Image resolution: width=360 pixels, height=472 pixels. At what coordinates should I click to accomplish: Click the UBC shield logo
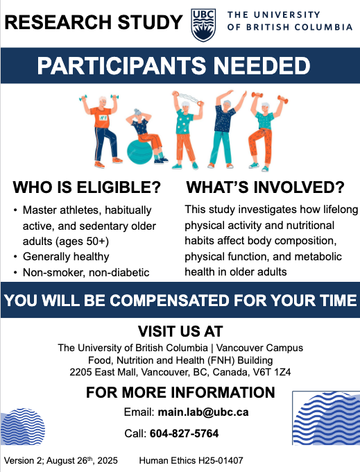coord(204,25)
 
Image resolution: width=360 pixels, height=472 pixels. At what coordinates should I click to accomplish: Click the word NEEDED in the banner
coord(262,66)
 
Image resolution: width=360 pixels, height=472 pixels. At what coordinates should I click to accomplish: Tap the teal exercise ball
coord(139,152)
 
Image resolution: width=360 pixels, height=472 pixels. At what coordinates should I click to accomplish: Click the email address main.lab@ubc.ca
coord(203,412)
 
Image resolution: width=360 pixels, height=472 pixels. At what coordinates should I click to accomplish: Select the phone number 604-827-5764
coord(184,433)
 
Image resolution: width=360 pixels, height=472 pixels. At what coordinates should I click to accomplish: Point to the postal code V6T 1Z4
coord(272,372)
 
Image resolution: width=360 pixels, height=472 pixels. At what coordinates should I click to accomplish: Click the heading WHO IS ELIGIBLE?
coord(87,187)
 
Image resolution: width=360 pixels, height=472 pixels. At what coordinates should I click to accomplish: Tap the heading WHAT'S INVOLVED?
coord(265,187)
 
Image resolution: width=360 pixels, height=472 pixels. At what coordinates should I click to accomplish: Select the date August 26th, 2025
coord(82,461)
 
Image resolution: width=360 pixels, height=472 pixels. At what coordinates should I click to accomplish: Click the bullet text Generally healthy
coord(66,257)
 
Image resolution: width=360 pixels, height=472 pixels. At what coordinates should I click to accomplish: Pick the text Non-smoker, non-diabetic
coord(86,272)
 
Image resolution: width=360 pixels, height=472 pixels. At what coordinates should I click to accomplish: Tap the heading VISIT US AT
coord(180,331)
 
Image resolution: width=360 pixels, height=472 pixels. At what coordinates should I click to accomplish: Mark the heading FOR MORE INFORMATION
coord(180,393)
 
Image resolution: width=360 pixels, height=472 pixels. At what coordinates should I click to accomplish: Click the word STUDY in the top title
coord(150,22)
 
